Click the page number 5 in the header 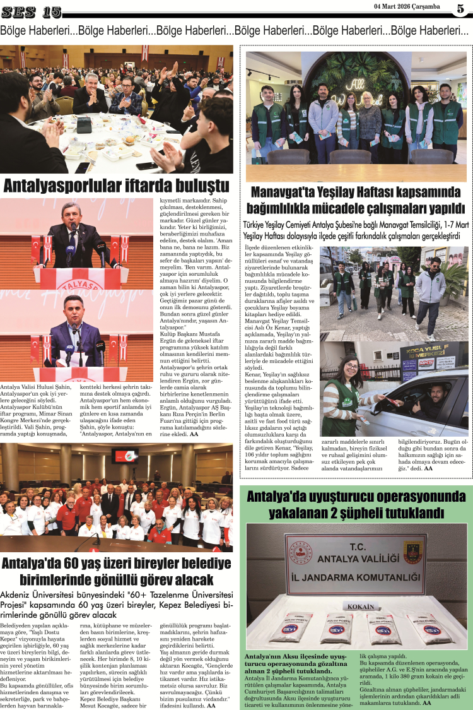click(x=460, y=8)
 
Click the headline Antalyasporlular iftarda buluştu click(x=116, y=186)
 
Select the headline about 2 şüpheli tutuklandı click(x=356, y=503)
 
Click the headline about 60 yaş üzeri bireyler click(x=116, y=571)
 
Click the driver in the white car click(x=433, y=404)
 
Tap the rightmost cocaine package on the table click(x=431, y=629)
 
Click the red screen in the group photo click(x=125, y=456)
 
